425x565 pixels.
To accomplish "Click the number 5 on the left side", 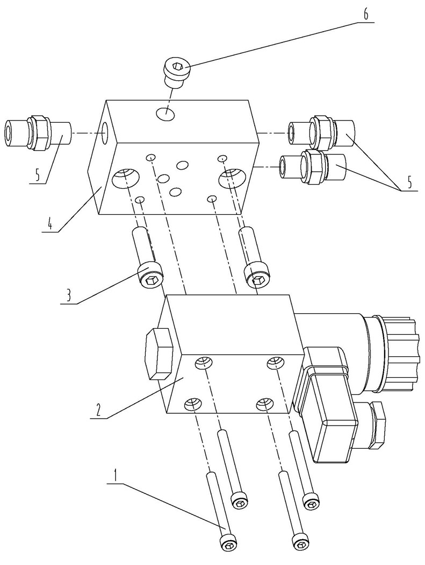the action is tap(37, 175).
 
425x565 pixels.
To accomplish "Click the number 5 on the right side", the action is tap(409, 182).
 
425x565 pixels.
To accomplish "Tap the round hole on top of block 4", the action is tap(165, 114).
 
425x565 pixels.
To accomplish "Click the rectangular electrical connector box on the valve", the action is tap(326, 404).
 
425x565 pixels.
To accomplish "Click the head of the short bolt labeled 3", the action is tap(150, 276).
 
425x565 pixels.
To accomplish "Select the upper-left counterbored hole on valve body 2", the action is tap(203, 363).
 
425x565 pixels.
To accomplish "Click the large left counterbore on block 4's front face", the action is tap(126, 178).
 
